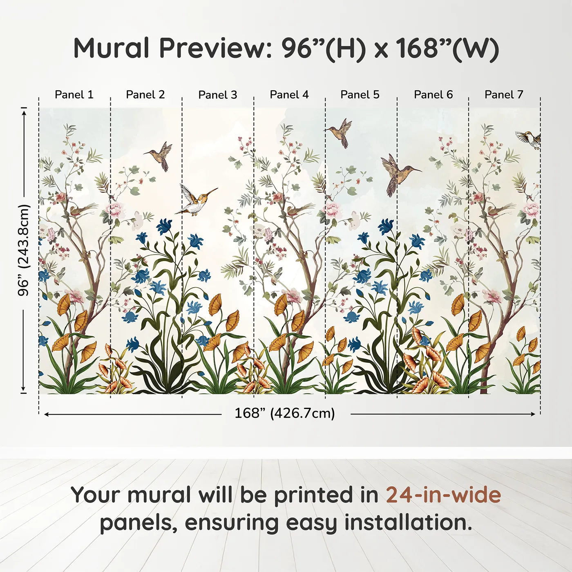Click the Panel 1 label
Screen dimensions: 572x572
(x=74, y=95)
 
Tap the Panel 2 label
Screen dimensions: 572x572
(x=145, y=95)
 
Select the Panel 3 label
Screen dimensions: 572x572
(x=217, y=95)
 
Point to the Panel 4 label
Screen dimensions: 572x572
(x=289, y=95)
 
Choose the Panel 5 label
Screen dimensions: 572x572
(x=360, y=95)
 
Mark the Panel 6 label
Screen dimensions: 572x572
(x=433, y=95)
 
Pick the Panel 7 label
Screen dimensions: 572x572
(x=504, y=95)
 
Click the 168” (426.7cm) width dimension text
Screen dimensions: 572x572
(x=285, y=413)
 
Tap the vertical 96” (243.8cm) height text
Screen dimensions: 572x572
(x=24, y=250)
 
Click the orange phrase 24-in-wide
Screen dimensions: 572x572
(x=443, y=495)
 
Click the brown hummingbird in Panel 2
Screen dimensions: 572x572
(x=161, y=156)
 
